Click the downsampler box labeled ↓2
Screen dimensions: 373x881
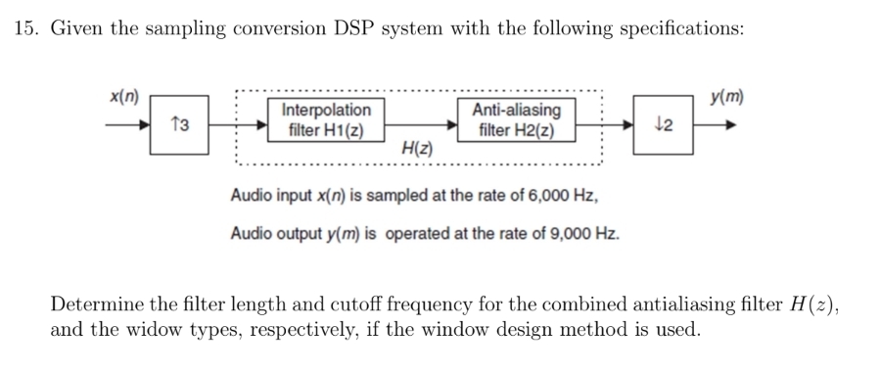[x=663, y=125]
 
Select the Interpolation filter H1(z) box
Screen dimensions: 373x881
[x=326, y=120]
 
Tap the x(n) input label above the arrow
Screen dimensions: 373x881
[x=123, y=98]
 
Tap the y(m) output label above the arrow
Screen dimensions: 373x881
[x=726, y=97]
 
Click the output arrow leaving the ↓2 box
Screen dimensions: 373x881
[x=715, y=125]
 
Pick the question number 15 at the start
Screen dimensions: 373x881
[x=26, y=28]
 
